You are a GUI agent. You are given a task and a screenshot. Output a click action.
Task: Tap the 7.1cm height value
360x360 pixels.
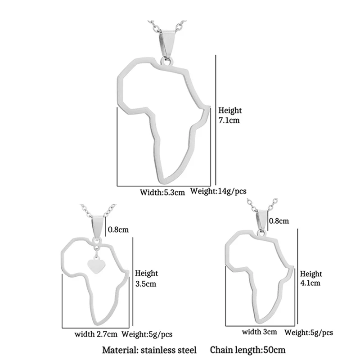(x=229, y=121)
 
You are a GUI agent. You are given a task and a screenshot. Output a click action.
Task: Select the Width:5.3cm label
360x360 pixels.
(x=162, y=192)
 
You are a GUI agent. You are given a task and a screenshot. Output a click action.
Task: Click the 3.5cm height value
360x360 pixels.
(x=145, y=284)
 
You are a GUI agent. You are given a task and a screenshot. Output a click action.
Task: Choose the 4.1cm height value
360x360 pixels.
(x=310, y=283)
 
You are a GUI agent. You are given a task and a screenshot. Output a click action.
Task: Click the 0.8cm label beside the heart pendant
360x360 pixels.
(x=119, y=229)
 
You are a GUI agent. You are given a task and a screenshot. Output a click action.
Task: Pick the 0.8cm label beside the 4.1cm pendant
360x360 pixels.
(x=278, y=221)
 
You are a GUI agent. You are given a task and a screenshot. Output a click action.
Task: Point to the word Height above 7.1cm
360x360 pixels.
(x=230, y=110)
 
